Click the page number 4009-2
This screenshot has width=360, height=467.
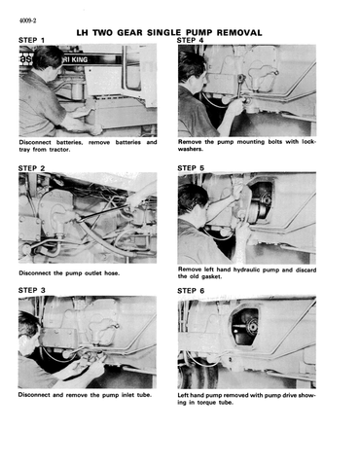click(x=27, y=20)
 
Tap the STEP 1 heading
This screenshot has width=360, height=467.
click(x=31, y=40)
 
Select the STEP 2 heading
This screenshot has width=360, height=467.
click(x=31, y=168)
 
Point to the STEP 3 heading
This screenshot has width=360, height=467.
click(x=31, y=290)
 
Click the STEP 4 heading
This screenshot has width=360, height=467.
click(x=190, y=40)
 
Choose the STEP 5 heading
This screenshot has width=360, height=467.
click(x=191, y=168)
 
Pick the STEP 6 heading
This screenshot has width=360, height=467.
click(x=191, y=291)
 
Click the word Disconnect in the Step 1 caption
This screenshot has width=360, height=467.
click(x=35, y=142)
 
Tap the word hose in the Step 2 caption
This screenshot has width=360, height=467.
click(x=112, y=273)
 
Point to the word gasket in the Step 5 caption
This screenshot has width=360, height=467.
click(x=211, y=276)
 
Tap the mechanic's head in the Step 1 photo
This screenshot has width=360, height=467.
click(x=48, y=60)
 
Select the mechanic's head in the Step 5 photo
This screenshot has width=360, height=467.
click(x=194, y=201)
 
